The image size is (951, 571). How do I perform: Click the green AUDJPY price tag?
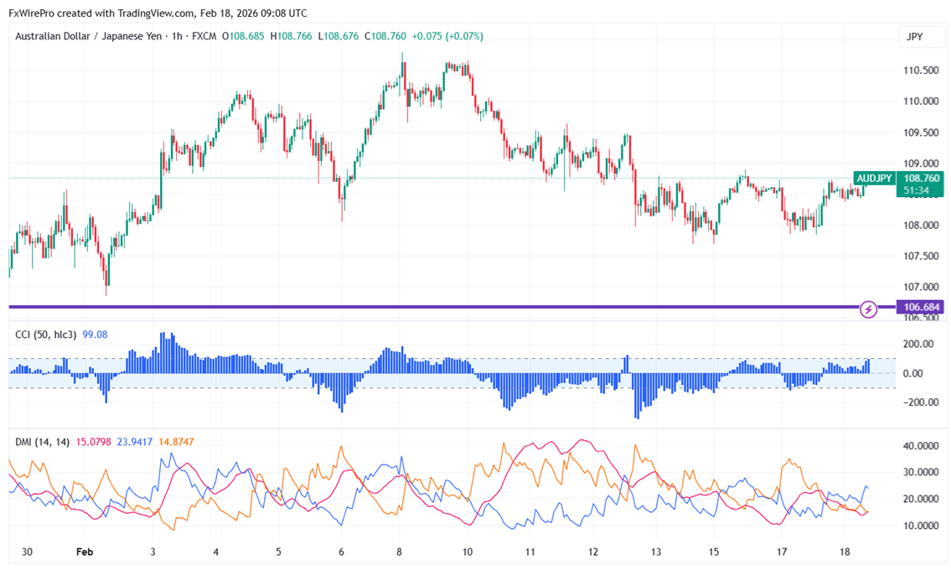874,178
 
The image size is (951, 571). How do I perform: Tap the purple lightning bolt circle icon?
869,309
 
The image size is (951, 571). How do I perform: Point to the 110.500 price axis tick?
921,70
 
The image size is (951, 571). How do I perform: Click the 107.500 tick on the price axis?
921,256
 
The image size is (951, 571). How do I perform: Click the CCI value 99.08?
94,335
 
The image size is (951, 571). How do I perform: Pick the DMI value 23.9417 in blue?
134,442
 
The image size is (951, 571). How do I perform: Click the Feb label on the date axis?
84,553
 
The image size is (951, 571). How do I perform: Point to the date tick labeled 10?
467,553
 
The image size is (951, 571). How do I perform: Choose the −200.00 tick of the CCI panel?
918,402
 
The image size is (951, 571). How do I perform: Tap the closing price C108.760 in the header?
389,36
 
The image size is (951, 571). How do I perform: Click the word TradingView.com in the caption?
152,13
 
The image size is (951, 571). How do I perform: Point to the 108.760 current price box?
920,178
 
